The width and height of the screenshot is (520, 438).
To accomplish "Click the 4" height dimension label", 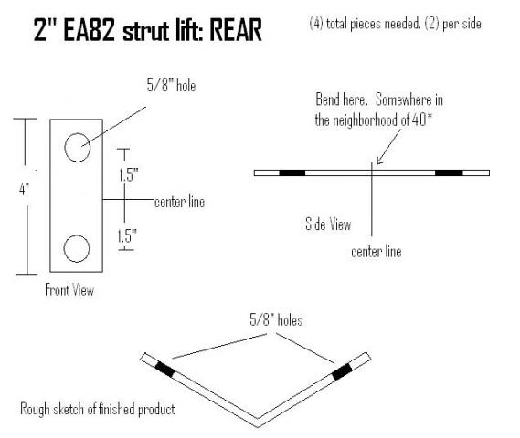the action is (x=24, y=190).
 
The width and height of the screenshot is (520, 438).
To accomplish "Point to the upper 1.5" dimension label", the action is (x=129, y=174).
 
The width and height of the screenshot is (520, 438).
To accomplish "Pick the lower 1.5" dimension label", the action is (x=127, y=235).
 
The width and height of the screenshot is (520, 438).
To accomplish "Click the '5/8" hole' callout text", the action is (x=171, y=86).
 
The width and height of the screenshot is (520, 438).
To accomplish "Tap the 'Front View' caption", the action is (x=69, y=290).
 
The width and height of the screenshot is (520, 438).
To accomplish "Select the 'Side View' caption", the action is (x=328, y=224).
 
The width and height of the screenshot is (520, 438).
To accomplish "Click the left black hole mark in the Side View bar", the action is (x=292, y=172).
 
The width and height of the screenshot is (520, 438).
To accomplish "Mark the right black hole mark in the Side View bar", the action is (x=449, y=172).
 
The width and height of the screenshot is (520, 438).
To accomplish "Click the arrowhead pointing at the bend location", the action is (x=380, y=161).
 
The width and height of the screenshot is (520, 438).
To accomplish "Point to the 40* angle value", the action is (x=422, y=120).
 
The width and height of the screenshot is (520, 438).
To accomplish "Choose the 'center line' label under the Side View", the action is (x=377, y=252).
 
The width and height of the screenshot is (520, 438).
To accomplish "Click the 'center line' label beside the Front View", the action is (x=180, y=202).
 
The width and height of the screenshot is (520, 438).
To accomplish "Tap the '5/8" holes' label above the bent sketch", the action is (x=276, y=320).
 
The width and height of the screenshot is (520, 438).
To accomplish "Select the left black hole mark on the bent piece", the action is (x=164, y=370).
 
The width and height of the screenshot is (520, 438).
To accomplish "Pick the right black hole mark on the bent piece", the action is (x=342, y=371).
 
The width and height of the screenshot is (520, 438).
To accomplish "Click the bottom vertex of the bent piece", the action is (x=258, y=427).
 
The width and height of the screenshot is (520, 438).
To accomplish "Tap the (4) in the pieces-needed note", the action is (x=316, y=24).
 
